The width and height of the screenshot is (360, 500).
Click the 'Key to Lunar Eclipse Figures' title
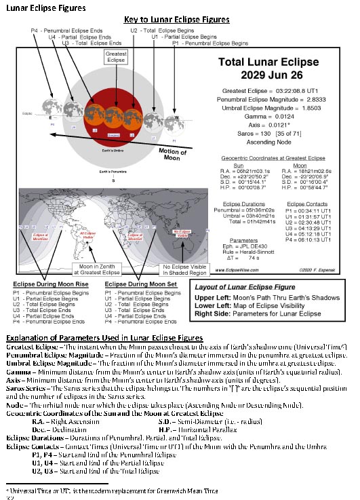tap(176, 20)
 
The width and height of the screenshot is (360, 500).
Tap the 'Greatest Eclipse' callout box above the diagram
tap(115, 58)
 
